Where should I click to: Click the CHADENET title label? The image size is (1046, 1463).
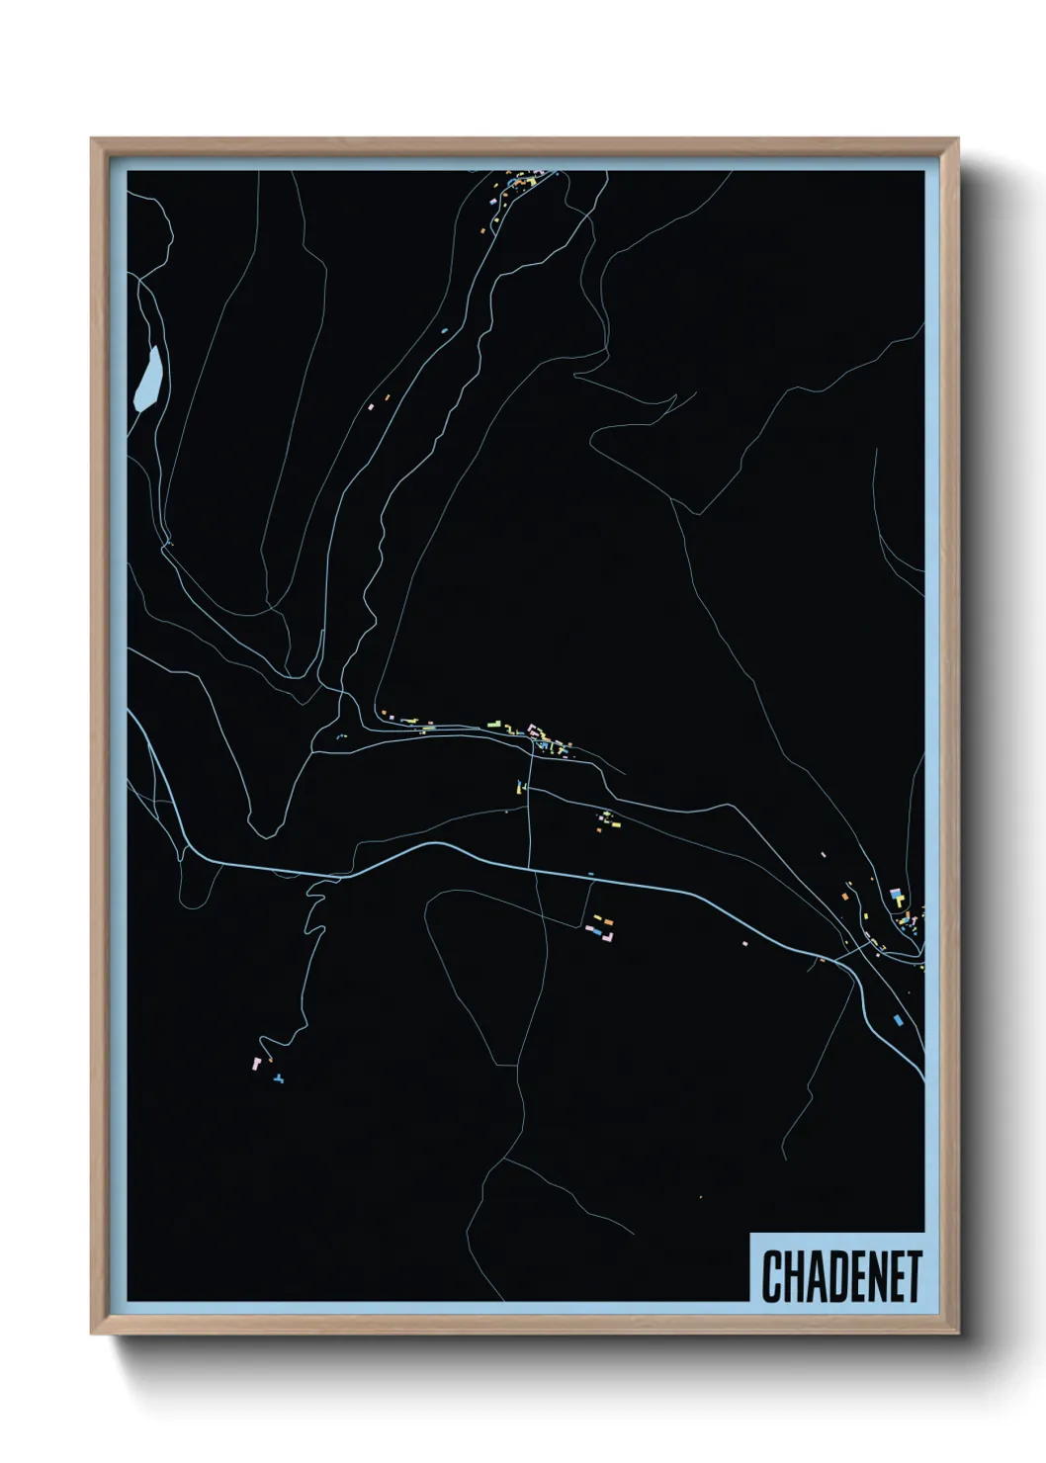841,1276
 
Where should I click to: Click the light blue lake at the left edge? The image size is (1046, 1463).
147,379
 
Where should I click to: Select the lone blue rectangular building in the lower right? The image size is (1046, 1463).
898,1018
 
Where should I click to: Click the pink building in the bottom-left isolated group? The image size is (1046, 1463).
256,1063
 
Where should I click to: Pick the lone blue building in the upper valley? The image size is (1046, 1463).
444,330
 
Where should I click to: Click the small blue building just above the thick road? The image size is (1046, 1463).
590,873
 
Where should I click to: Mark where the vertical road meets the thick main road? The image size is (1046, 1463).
529,869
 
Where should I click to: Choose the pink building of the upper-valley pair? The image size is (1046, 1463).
371,405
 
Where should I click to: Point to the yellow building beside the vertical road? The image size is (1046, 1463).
517,787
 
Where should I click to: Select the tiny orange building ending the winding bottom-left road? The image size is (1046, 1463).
269,1059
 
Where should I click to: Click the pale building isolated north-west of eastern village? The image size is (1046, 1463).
823,854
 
